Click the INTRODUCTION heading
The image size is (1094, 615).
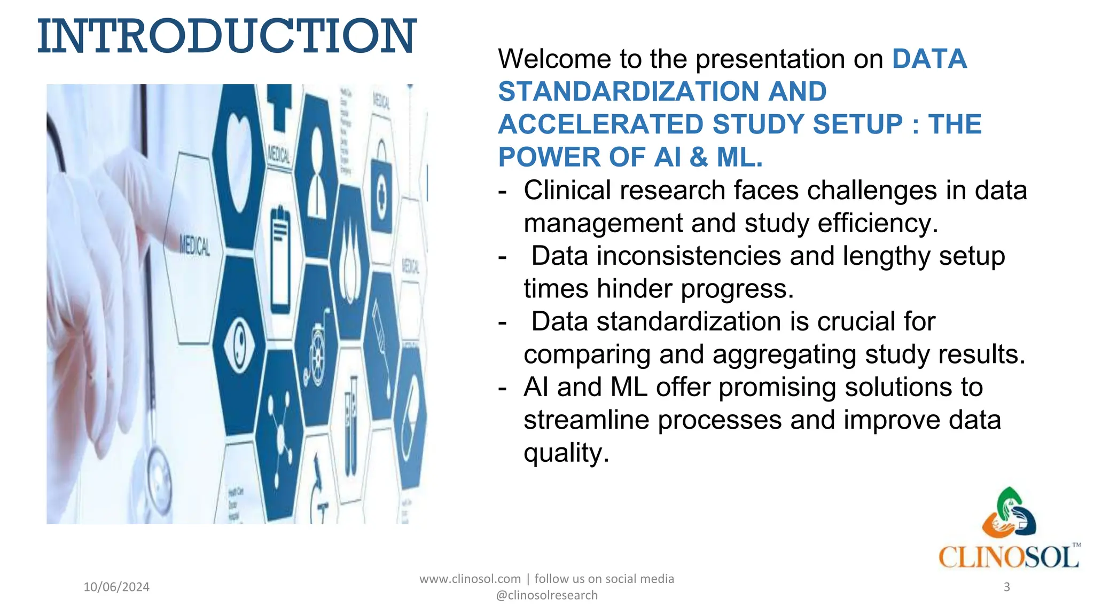(x=226, y=36)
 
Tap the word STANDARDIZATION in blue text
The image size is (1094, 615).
(x=628, y=91)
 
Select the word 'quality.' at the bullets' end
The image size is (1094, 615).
(x=566, y=453)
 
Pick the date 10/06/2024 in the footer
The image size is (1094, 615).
(x=116, y=587)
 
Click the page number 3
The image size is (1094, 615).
(x=1006, y=587)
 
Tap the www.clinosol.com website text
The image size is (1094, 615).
(x=470, y=579)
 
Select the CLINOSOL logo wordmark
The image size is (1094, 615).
(x=1009, y=557)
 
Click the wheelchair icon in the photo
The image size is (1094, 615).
(x=316, y=350)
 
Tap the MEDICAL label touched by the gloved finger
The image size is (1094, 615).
(x=194, y=246)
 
